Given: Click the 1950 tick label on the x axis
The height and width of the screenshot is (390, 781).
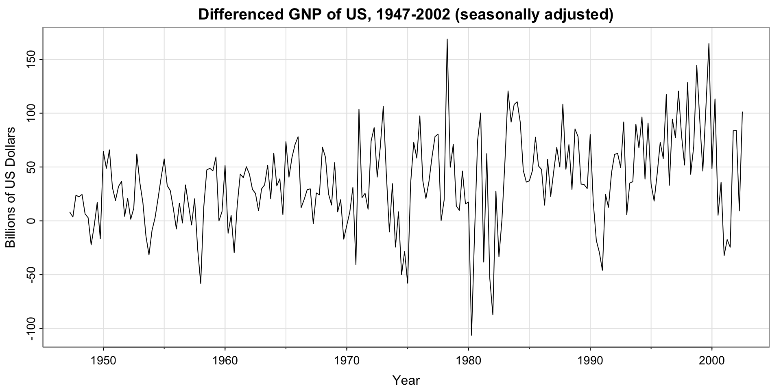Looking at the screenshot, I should [103, 361].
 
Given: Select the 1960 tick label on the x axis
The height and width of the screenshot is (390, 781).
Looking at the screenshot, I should [225, 361].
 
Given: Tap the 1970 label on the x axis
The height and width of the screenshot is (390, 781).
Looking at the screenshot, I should [347, 361].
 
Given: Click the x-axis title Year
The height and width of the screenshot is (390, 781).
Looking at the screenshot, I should [406, 381].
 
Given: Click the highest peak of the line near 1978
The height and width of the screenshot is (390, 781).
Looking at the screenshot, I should [447, 39].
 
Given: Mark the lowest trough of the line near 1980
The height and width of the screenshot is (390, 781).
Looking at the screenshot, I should [471, 335].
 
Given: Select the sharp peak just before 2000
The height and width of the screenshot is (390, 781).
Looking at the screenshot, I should [709, 44].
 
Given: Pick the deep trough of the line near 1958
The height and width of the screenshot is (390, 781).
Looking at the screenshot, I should [201, 283].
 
